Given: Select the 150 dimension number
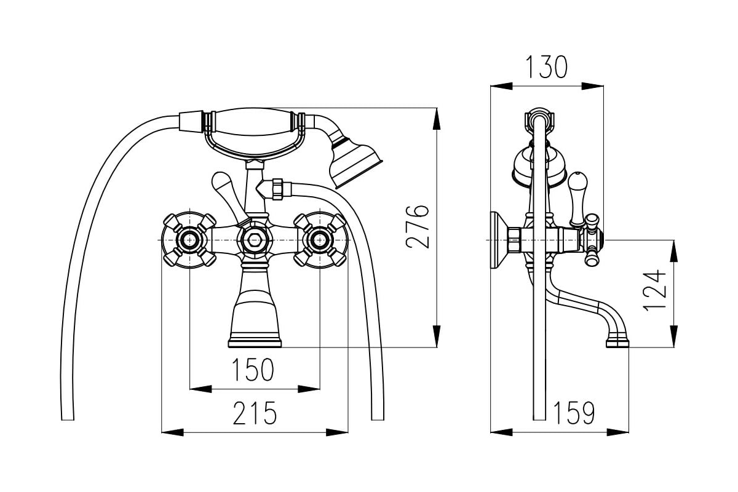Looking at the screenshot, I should click(x=252, y=370).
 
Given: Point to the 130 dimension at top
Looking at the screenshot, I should click(x=546, y=67).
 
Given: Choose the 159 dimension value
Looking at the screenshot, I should click(x=574, y=413).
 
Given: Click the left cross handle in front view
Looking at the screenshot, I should click(x=189, y=239).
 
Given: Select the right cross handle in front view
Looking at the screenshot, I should click(x=320, y=239).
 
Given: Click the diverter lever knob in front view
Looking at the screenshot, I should click(x=221, y=183).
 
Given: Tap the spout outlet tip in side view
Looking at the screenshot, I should click(x=617, y=340).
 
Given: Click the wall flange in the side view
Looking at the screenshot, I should click(x=496, y=240).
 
